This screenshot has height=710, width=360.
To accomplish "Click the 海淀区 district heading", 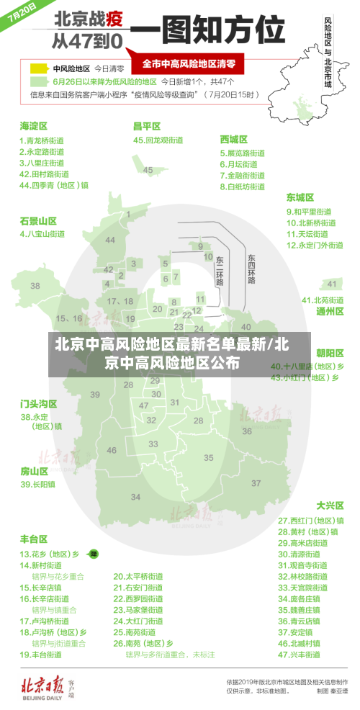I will (33, 126).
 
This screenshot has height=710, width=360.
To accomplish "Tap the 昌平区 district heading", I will (147, 126).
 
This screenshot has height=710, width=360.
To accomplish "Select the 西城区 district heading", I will (233, 139).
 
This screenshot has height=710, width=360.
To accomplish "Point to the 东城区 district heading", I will (300, 197).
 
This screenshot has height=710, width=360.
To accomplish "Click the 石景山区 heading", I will (38, 220).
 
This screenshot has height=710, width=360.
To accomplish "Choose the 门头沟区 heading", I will (38, 403).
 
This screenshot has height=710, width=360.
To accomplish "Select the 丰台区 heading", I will (33, 538).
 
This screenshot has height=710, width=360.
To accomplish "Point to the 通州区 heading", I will (330, 311).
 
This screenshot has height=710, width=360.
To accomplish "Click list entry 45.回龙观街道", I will (158, 140).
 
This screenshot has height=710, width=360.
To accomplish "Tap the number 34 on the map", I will (136, 497).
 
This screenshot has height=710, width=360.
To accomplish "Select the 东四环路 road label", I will (251, 269).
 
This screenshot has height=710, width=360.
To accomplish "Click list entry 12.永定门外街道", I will (315, 245).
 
